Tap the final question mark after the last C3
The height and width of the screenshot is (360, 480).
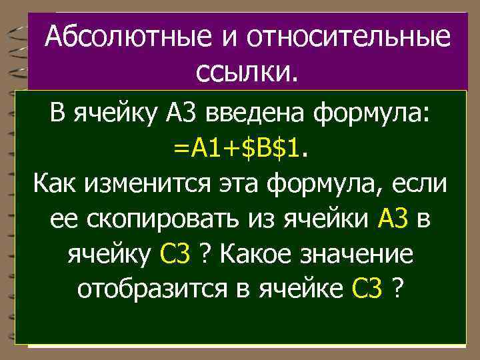398,289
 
